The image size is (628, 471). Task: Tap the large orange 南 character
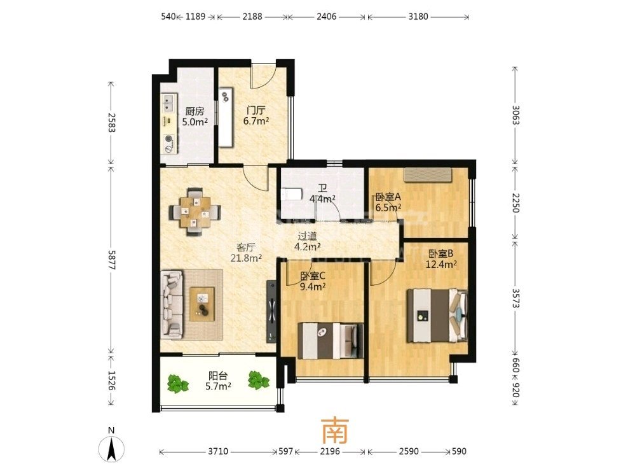(335, 430)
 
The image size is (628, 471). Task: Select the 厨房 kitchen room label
(195, 111)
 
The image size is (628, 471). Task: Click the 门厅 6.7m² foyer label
(256, 116)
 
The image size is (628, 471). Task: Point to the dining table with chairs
(195, 212)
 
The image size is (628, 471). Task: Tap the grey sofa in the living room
(172, 304)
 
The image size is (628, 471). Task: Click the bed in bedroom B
(437, 315)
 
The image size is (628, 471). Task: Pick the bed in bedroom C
(331, 341)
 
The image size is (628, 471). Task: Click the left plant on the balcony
(177, 383)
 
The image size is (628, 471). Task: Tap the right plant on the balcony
(258, 380)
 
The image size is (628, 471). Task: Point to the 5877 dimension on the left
(111, 260)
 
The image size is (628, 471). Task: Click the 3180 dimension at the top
(418, 17)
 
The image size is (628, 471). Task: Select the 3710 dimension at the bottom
(218, 451)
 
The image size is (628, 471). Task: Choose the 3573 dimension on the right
(515, 299)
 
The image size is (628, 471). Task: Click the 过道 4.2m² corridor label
(307, 241)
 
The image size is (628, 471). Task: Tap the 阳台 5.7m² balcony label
(218, 381)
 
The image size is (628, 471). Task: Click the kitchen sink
(169, 102)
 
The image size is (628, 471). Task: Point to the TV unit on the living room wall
(271, 311)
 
